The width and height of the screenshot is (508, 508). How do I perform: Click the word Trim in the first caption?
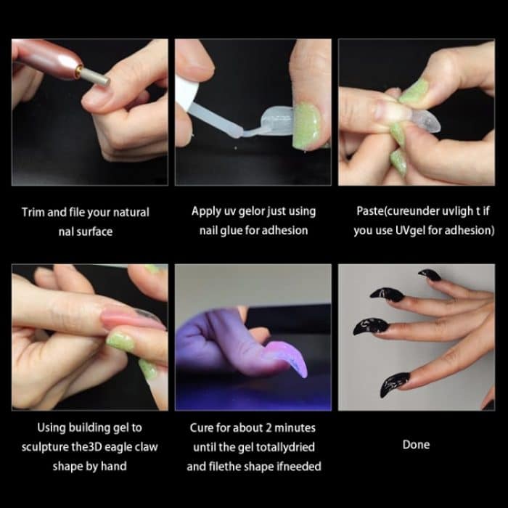point(34,213)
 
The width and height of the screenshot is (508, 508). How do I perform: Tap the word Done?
point(416,444)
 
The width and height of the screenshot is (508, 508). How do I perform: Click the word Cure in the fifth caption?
point(202,427)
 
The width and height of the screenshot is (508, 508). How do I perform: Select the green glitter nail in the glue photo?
point(308,126)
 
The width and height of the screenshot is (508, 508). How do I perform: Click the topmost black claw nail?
point(430,275)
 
